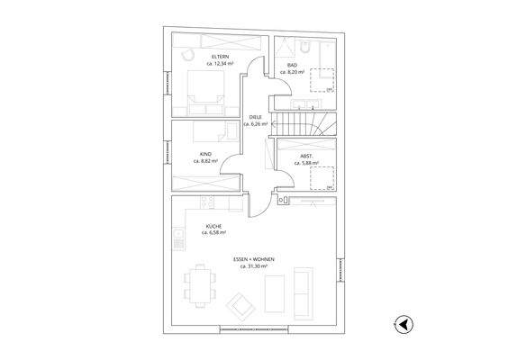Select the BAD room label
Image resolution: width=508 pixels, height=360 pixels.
pos(292,65)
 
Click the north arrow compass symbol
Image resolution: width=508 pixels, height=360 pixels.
pos(404,325)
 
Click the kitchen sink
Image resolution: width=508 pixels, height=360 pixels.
pos(177,240)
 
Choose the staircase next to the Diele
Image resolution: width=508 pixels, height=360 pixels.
pos(304,122)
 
